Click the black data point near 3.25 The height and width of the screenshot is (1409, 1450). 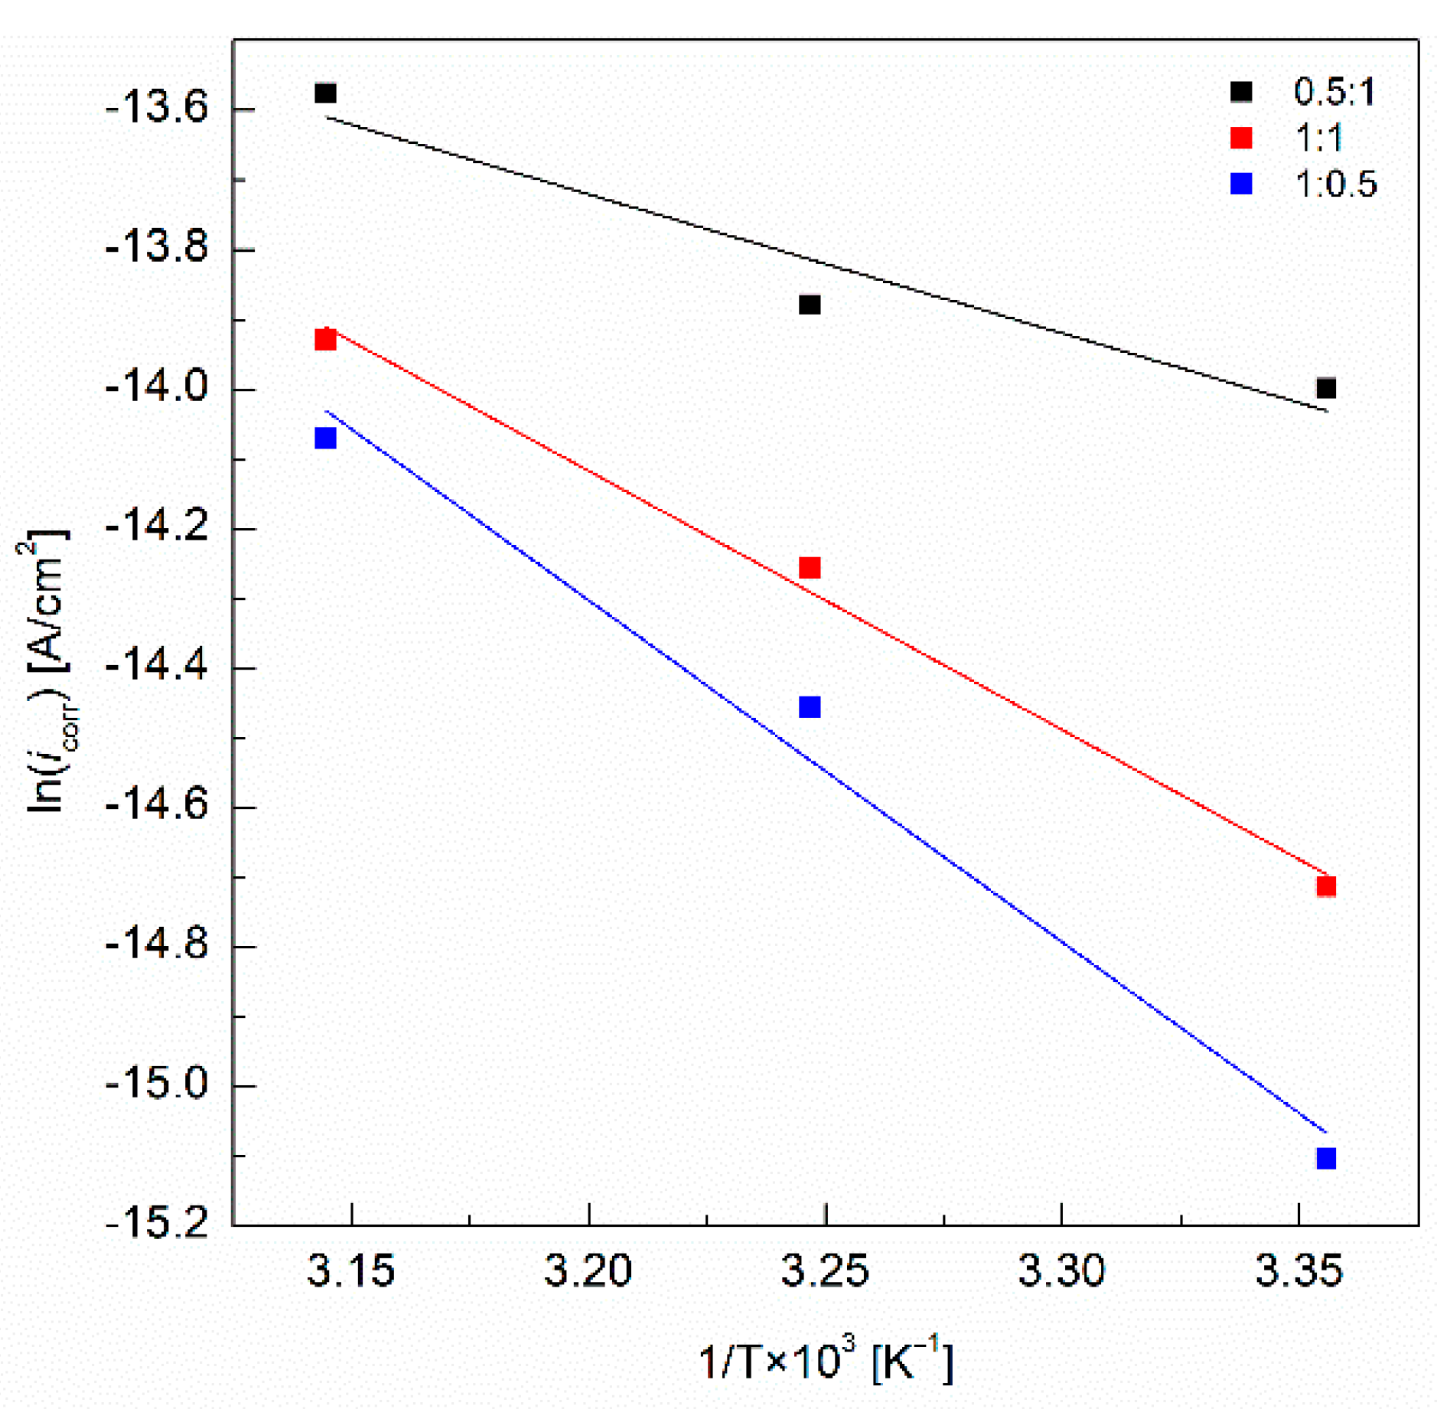pyautogui.click(x=809, y=305)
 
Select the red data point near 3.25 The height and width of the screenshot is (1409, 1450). pyautogui.click(x=809, y=567)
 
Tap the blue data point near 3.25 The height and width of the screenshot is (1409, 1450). pyautogui.click(x=809, y=706)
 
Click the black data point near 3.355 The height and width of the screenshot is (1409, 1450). pyautogui.click(x=1325, y=388)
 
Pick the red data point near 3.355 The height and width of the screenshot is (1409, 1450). pyautogui.click(x=1325, y=886)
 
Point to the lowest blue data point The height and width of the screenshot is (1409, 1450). pyautogui.click(x=1325, y=1158)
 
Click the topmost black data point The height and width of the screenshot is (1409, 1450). pyautogui.click(x=325, y=93)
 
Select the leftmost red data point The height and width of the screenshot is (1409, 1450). pyautogui.click(x=325, y=339)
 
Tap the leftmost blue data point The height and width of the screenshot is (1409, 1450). pyautogui.click(x=325, y=439)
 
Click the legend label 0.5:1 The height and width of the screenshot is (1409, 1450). pyautogui.click(x=1334, y=92)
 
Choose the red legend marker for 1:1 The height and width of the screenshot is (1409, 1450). pyautogui.click(x=1240, y=138)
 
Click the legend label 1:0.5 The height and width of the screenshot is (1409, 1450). pyautogui.click(x=1335, y=184)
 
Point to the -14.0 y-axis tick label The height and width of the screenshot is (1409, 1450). pyautogui.click(x=156, y=388)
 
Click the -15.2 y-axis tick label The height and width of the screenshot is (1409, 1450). pyautogui.click(x=156, y=1222)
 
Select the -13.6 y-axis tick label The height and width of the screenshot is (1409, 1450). pyautogui.click(x=156, y=109)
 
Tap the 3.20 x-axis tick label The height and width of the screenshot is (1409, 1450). pyautogui.click(x=588, y=1271)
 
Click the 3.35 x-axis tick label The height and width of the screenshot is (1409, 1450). pyautogui.click(x=1298, y=1271)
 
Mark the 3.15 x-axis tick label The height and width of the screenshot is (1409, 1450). pyautogui.click(x=350, y=1271)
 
